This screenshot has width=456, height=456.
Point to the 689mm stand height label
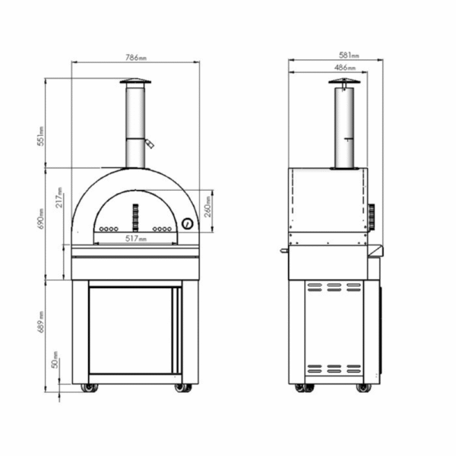[x=43, y=321]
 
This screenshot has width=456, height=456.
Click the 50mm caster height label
[x=55, y=364]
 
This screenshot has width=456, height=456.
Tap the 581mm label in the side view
[x=348, y=55]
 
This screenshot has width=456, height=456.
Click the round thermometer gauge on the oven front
[x=186, y=223]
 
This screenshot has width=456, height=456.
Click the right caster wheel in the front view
[x=182, y=388]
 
